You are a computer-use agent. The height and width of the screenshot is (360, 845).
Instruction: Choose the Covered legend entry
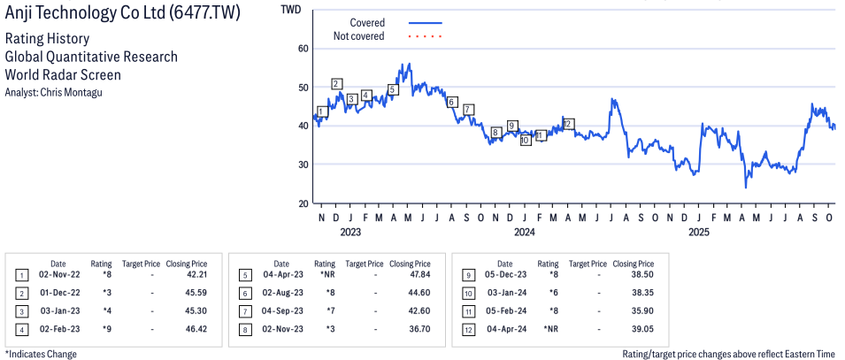click(367, 22)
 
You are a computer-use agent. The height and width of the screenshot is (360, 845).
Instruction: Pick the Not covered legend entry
click(358, 36)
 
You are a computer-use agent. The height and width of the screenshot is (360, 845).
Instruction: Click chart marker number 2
click(337, 84)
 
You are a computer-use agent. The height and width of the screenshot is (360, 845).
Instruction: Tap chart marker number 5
click(393, 89)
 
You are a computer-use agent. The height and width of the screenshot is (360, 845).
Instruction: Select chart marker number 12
click(568, 124)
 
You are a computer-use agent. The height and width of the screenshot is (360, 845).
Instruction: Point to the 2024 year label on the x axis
click(525, 233)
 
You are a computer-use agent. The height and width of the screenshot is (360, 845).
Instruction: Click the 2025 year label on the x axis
click(699, 233)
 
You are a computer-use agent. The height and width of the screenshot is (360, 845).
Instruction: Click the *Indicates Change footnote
click(41, 354)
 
